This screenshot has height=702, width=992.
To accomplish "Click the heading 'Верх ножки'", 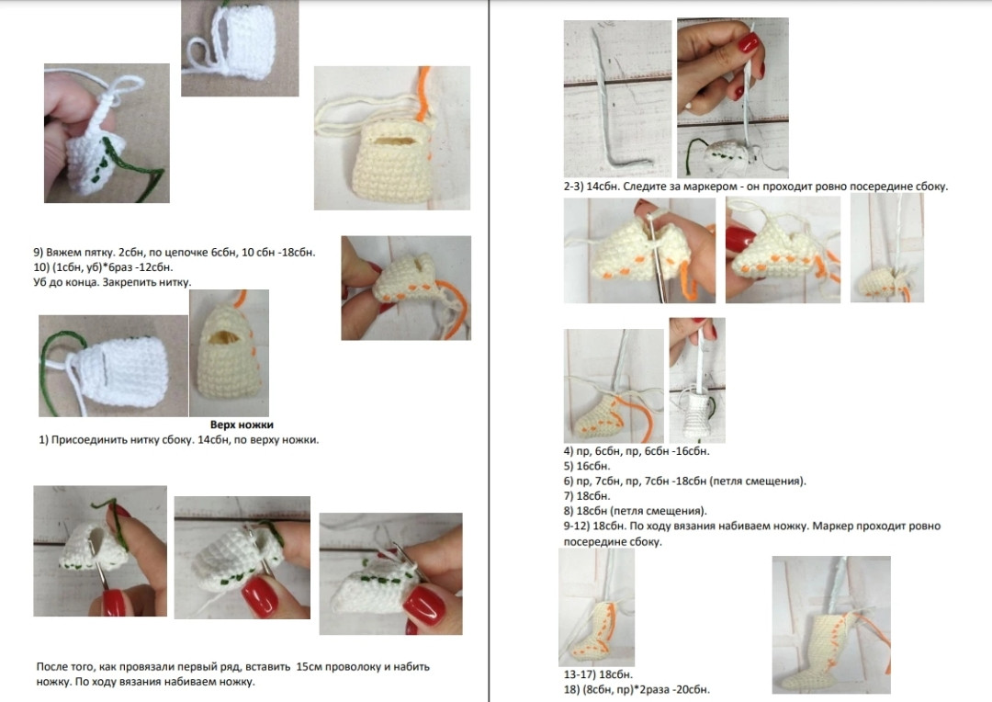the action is [242, 425].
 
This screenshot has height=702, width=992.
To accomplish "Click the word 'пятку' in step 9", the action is [98, 252].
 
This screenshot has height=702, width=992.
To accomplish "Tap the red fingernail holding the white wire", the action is [750, 43].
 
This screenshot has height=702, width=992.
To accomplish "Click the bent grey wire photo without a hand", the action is [617, 98].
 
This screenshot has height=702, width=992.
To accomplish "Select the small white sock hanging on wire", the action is [698, 413].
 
